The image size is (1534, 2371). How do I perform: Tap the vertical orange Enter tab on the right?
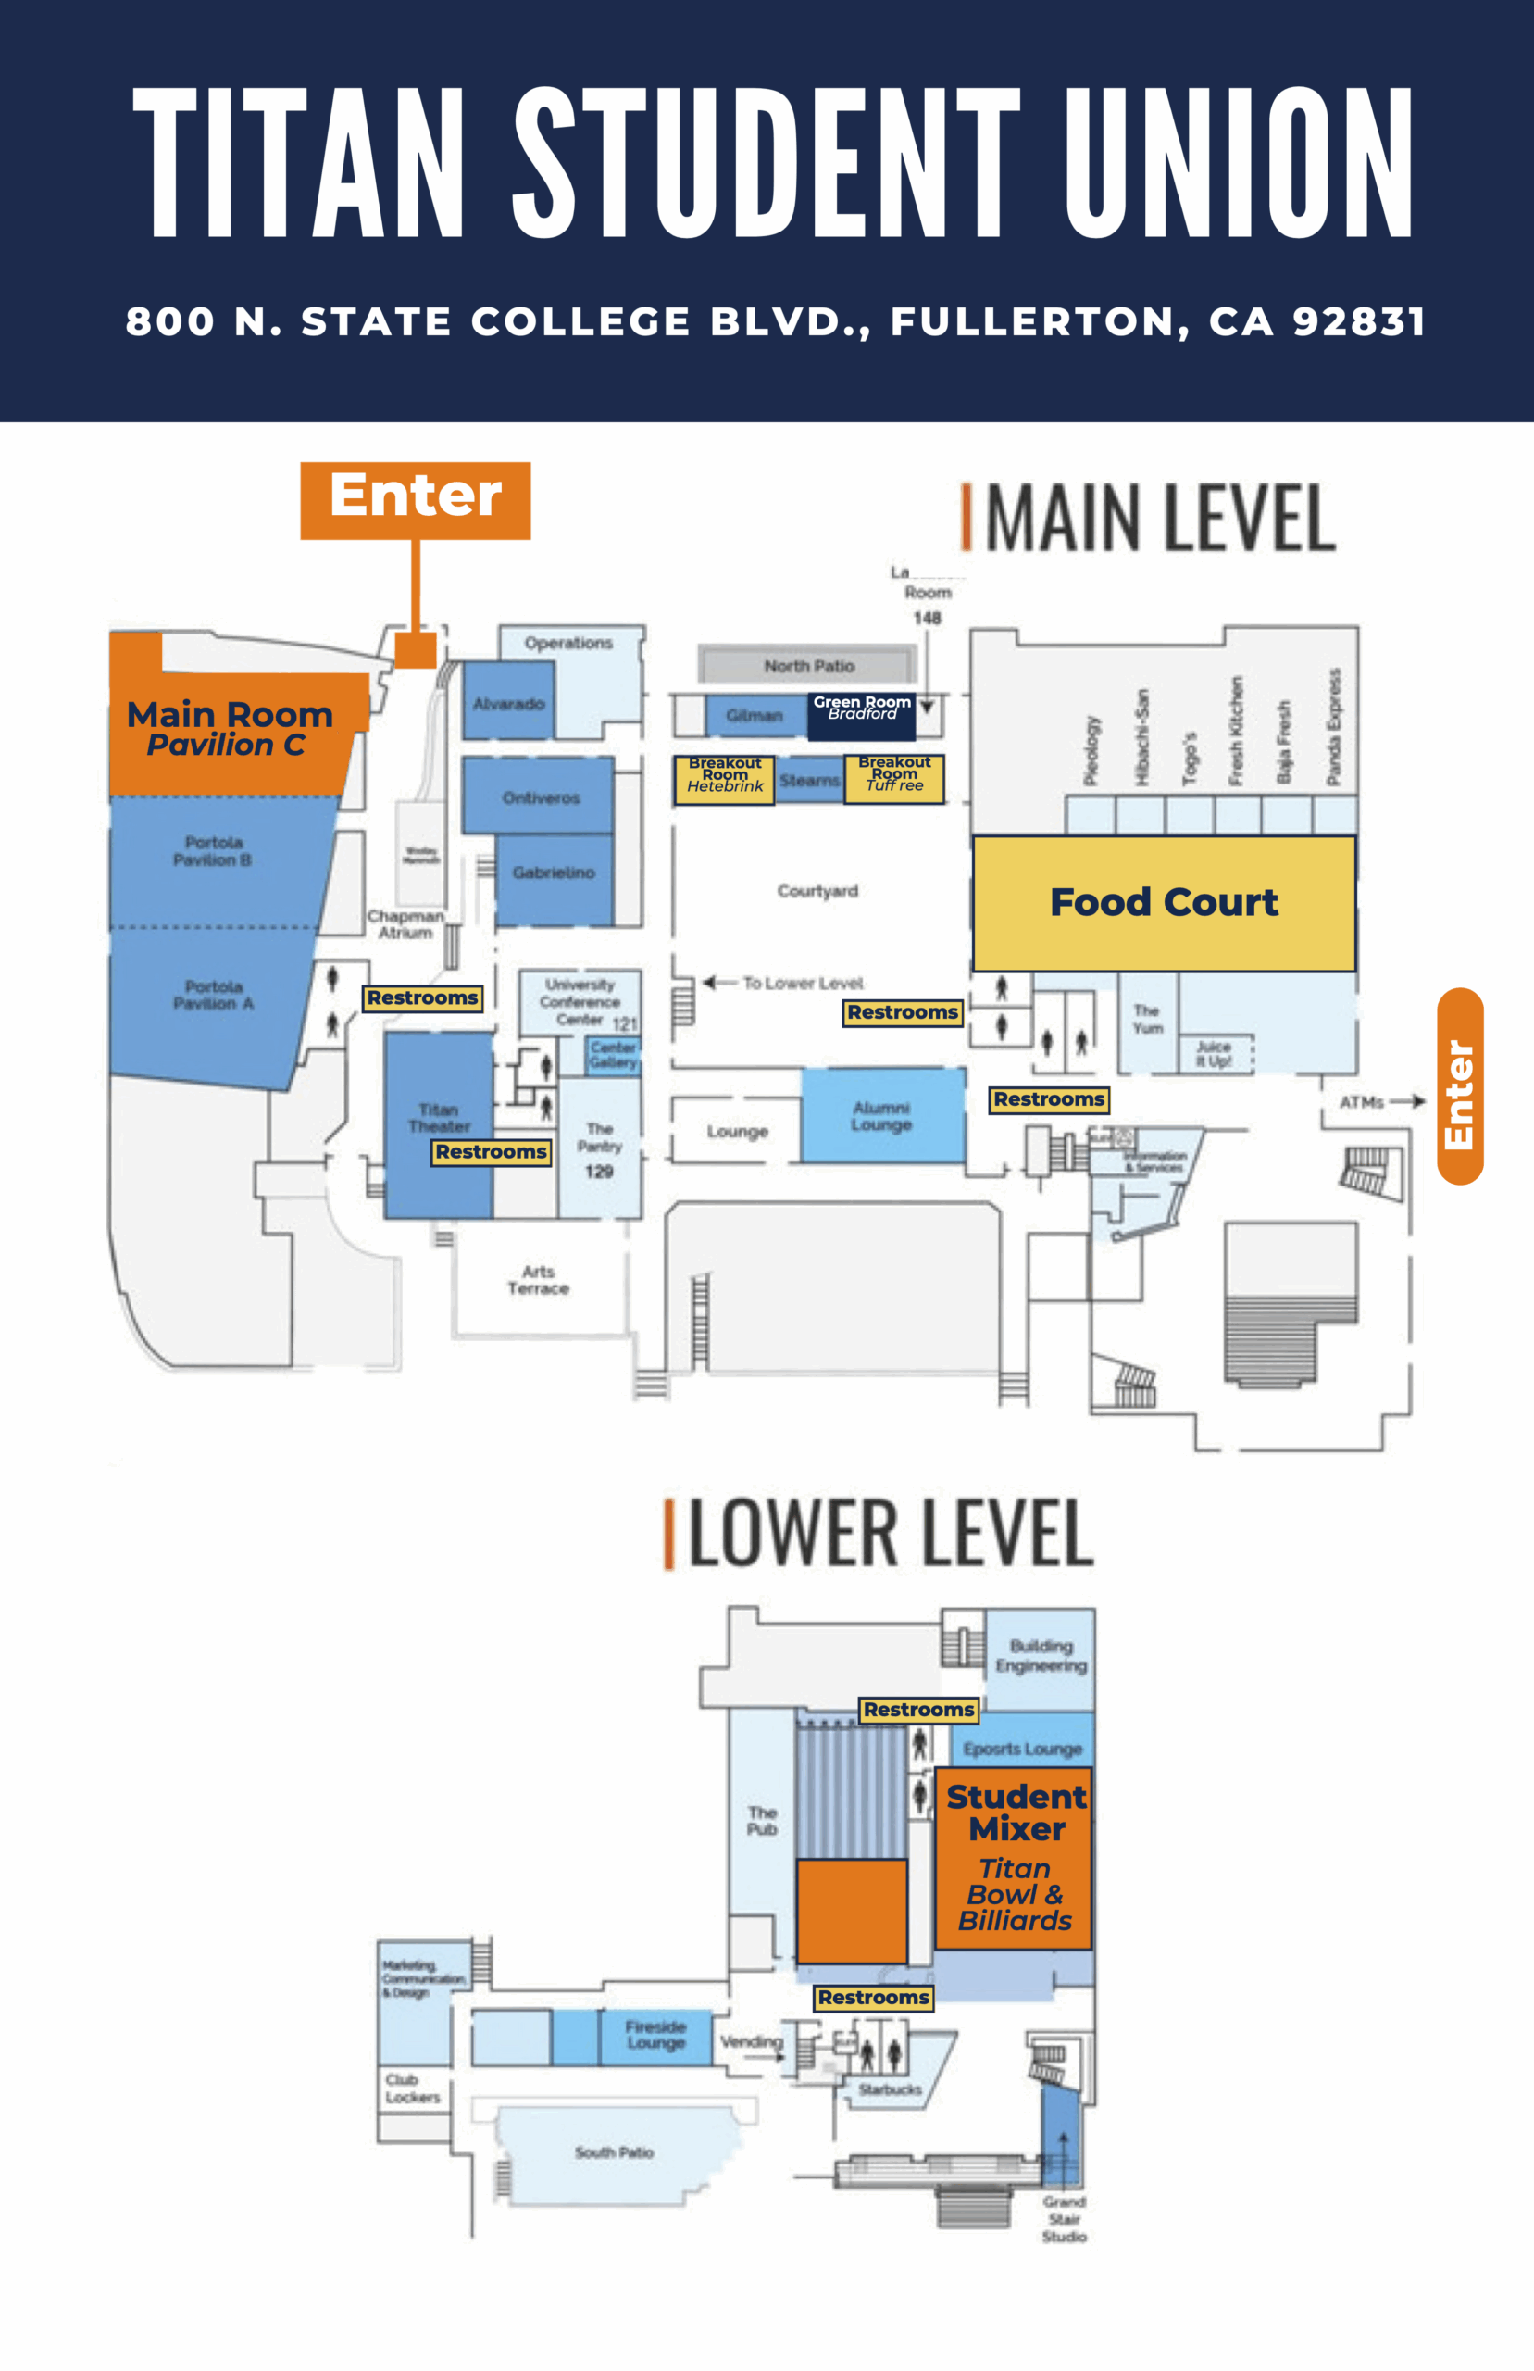click(x=1459, y=1085)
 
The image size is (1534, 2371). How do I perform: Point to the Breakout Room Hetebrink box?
click(x=724, y=778)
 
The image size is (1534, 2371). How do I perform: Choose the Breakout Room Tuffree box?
click(x=894, y=777)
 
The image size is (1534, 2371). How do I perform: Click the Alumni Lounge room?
click(x=881, y=1116)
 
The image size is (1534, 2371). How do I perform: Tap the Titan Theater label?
click(x=438, y=1118)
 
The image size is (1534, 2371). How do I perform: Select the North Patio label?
click(x=809, y=666)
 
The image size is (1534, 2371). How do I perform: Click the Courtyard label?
click(x=817, y=891)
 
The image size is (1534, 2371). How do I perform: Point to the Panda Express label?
click(x=1334, y=726)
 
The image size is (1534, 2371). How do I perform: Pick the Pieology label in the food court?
click(x=1091, y=749)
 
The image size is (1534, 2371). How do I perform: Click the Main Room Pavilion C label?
click(x=229, y=728)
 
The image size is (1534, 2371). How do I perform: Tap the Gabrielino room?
click(x=553, y=872)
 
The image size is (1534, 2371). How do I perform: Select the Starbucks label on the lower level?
click(x=890, y=2089)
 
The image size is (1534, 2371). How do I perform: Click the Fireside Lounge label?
click(x=655, y=2034)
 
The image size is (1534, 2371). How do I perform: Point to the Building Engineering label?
click(x=1041, y=1656)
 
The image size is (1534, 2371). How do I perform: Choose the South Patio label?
click(x=614, y=2152)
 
